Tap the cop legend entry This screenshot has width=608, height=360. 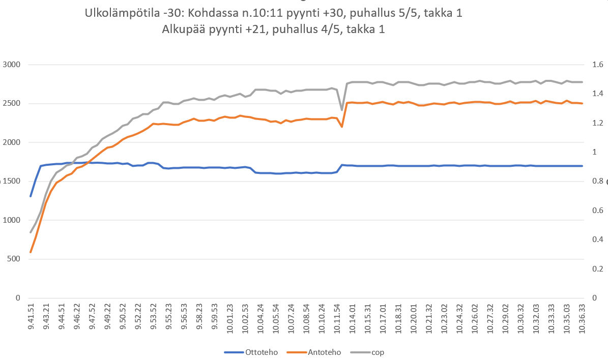pyautogui.click(x=378, y=352)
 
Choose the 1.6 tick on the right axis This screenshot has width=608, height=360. pyautogui.click(x=597, y=65)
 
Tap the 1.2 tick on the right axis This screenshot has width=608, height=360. pyautogui.click(x=597, y=123)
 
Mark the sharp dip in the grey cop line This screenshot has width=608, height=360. pyautogui.click(x=342, y=109)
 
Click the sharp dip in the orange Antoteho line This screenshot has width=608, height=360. pyautogui.click(x=342, y=127)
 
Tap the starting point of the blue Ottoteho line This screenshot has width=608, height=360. pyautogui.click(x=31, y=196)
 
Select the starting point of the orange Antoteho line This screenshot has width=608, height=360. pyautogui.click(x=31, y=252)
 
